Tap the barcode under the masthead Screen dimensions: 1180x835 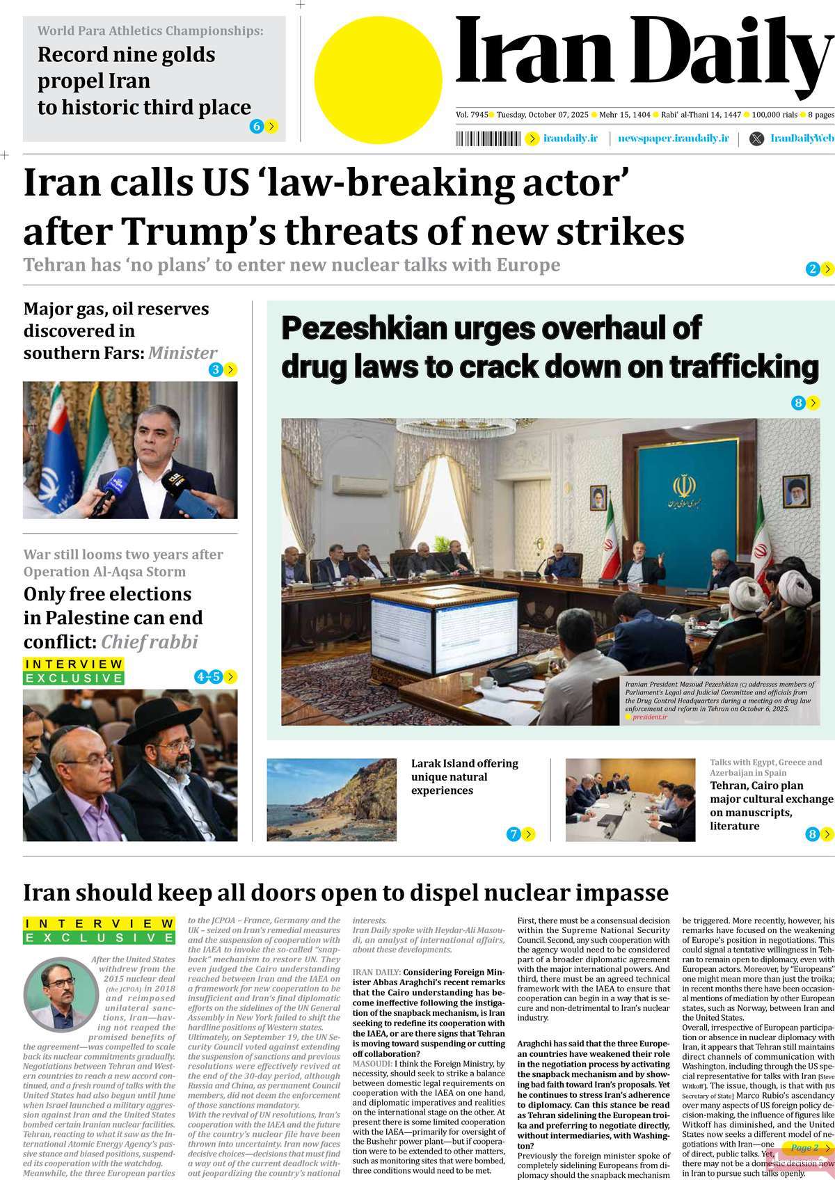487,138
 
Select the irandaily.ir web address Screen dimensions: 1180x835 570,138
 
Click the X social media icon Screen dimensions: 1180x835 756,138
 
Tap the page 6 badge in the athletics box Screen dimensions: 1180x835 257,126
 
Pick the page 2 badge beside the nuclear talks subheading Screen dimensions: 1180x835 812,269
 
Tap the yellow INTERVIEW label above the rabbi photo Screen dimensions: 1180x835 74,664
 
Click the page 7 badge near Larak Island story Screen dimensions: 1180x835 514,834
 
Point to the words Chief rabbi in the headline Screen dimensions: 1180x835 150,641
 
